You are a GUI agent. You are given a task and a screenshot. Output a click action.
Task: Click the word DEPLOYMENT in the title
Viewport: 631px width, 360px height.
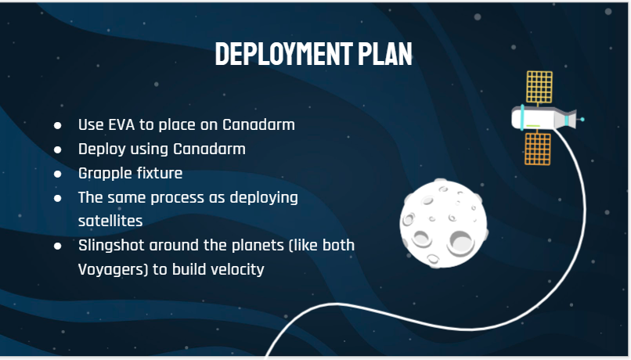tap(284, 53)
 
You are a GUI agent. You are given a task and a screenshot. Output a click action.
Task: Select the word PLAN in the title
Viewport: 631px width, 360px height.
tap(385, 53)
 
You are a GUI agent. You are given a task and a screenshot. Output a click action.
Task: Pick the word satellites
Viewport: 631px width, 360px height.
tap(110, 221)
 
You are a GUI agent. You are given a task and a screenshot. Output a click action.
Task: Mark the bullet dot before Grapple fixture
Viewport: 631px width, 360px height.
tap(58, 174)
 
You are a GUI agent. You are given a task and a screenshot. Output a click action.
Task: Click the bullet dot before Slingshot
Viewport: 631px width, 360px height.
tap(58, 246)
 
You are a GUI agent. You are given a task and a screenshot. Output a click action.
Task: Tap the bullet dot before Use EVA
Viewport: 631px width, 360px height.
tap(58, 125)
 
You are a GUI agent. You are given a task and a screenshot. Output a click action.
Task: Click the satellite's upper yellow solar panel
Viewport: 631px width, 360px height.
tap(539, 87)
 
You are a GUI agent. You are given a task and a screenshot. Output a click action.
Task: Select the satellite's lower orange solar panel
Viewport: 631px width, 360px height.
tap(538, 149)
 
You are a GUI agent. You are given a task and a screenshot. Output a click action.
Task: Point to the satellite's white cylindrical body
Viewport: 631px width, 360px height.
tap(535, 118)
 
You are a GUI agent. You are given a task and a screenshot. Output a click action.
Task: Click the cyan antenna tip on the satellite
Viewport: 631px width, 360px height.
tap(582, 120)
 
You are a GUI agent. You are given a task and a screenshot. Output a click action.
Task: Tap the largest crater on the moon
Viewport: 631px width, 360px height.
tap(461, 243)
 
